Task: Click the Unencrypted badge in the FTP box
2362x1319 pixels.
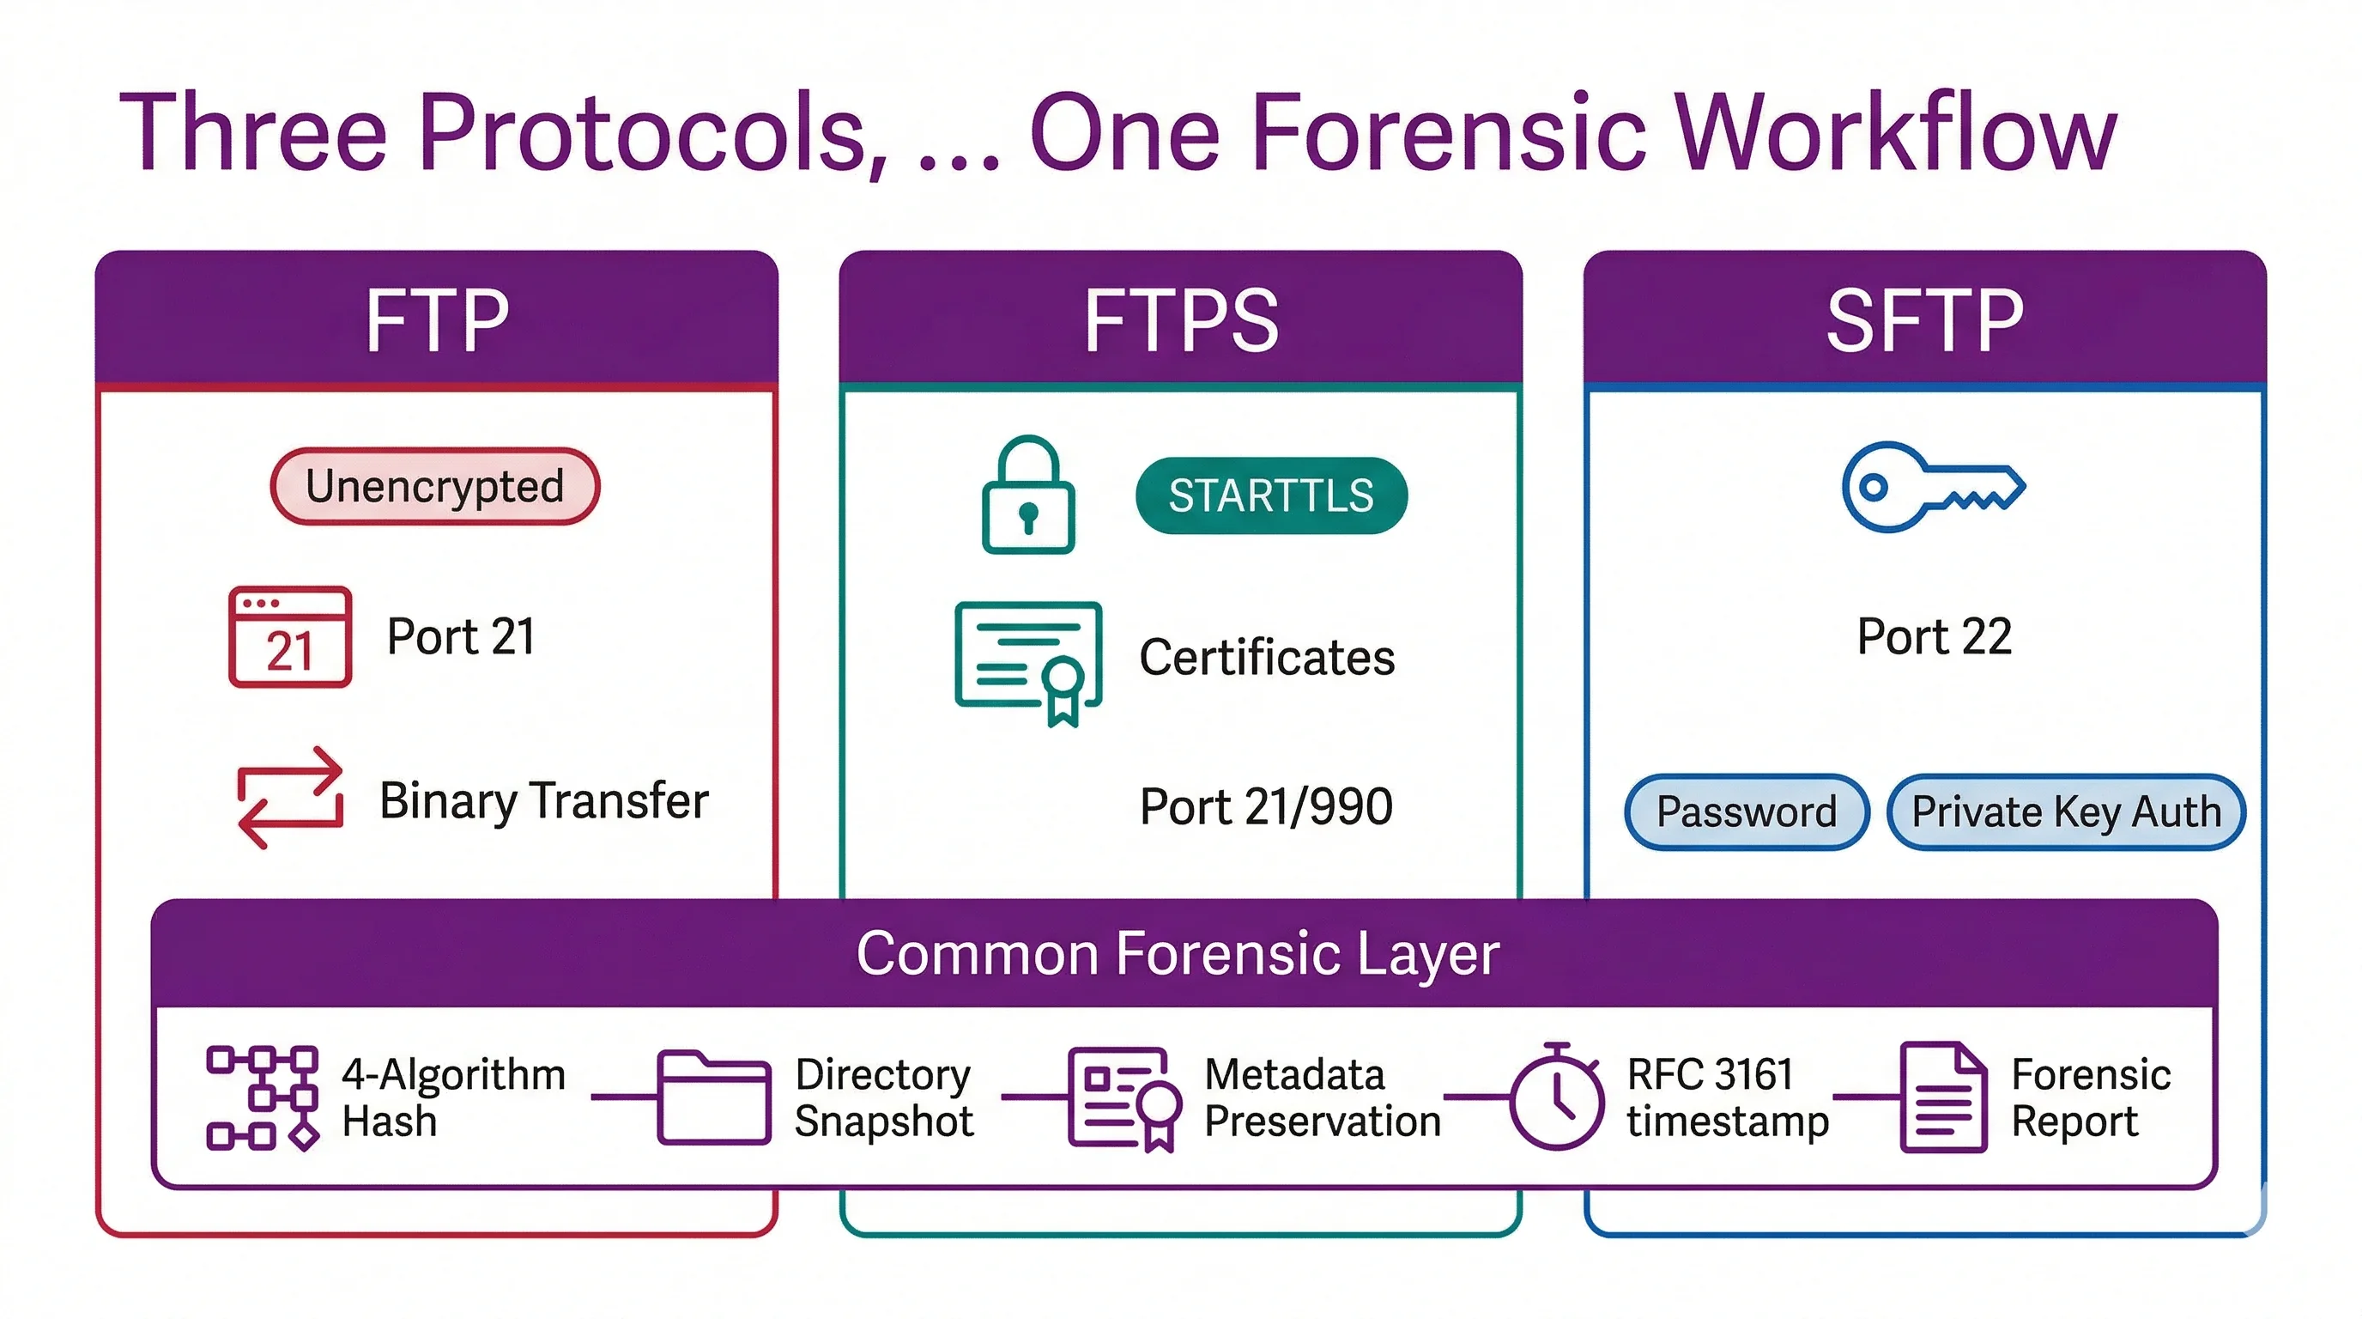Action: click(434, 486)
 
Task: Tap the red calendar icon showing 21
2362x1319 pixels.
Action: click(290, 636)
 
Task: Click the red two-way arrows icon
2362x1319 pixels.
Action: click(290, 797)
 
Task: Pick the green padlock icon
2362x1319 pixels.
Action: click(1028, 495)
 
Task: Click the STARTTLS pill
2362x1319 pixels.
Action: click(1271, 495)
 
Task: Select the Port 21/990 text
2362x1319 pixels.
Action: click(1265, 806)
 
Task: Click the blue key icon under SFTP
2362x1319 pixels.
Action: click(1932, 486)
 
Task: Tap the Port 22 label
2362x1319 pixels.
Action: click(1934, 635)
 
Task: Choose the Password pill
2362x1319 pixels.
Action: click(1746, 811)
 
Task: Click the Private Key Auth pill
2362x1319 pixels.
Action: click(2066, 811)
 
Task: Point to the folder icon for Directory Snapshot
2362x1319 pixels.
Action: click(713, 1097)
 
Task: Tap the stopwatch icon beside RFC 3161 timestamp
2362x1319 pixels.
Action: click(1557, 1097)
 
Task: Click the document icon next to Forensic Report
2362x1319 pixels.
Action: click(1943, 1097)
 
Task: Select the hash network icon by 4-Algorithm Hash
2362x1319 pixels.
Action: click(263, 1097)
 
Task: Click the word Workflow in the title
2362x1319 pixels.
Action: click(1894, 133)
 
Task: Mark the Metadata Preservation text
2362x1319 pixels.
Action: click(1321, 1097)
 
